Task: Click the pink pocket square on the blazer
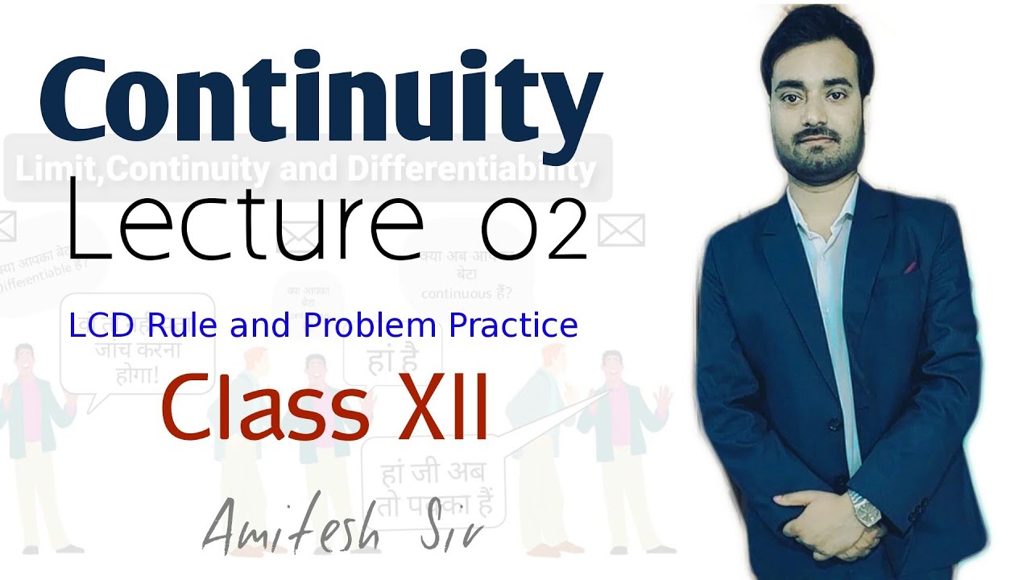(x=909, y=267)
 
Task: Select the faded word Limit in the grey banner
(x=43, y=170)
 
